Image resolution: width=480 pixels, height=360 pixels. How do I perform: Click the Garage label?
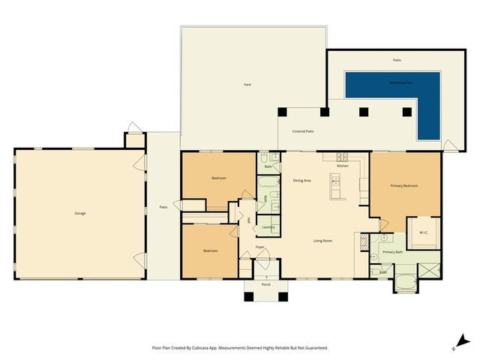(79, 214)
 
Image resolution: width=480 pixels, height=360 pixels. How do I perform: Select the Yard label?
(247, 85)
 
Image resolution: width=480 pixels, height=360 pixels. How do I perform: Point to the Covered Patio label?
(303, 131)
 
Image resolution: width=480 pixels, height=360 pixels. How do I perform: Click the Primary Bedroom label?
(403, 185)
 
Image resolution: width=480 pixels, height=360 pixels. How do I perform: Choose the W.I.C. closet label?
(422, 232)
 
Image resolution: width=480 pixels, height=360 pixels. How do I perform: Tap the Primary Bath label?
(391, 252)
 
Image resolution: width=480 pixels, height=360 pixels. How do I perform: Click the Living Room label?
(322, 241)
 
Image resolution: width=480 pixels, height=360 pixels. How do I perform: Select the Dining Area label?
(301, 181)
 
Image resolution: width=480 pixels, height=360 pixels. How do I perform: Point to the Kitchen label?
(342, 166)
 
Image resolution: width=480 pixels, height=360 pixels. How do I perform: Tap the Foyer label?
(259, 247)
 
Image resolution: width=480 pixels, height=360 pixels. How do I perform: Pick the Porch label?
(265, 285)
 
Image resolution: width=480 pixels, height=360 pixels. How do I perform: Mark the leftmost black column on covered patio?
(282, 112)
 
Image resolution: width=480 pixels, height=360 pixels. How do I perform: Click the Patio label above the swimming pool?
(397, 59)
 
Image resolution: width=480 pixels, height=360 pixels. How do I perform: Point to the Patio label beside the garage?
(163, 207)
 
